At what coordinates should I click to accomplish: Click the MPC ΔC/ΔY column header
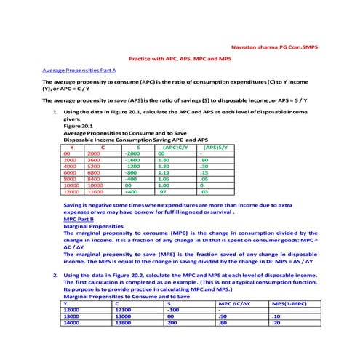239,303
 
